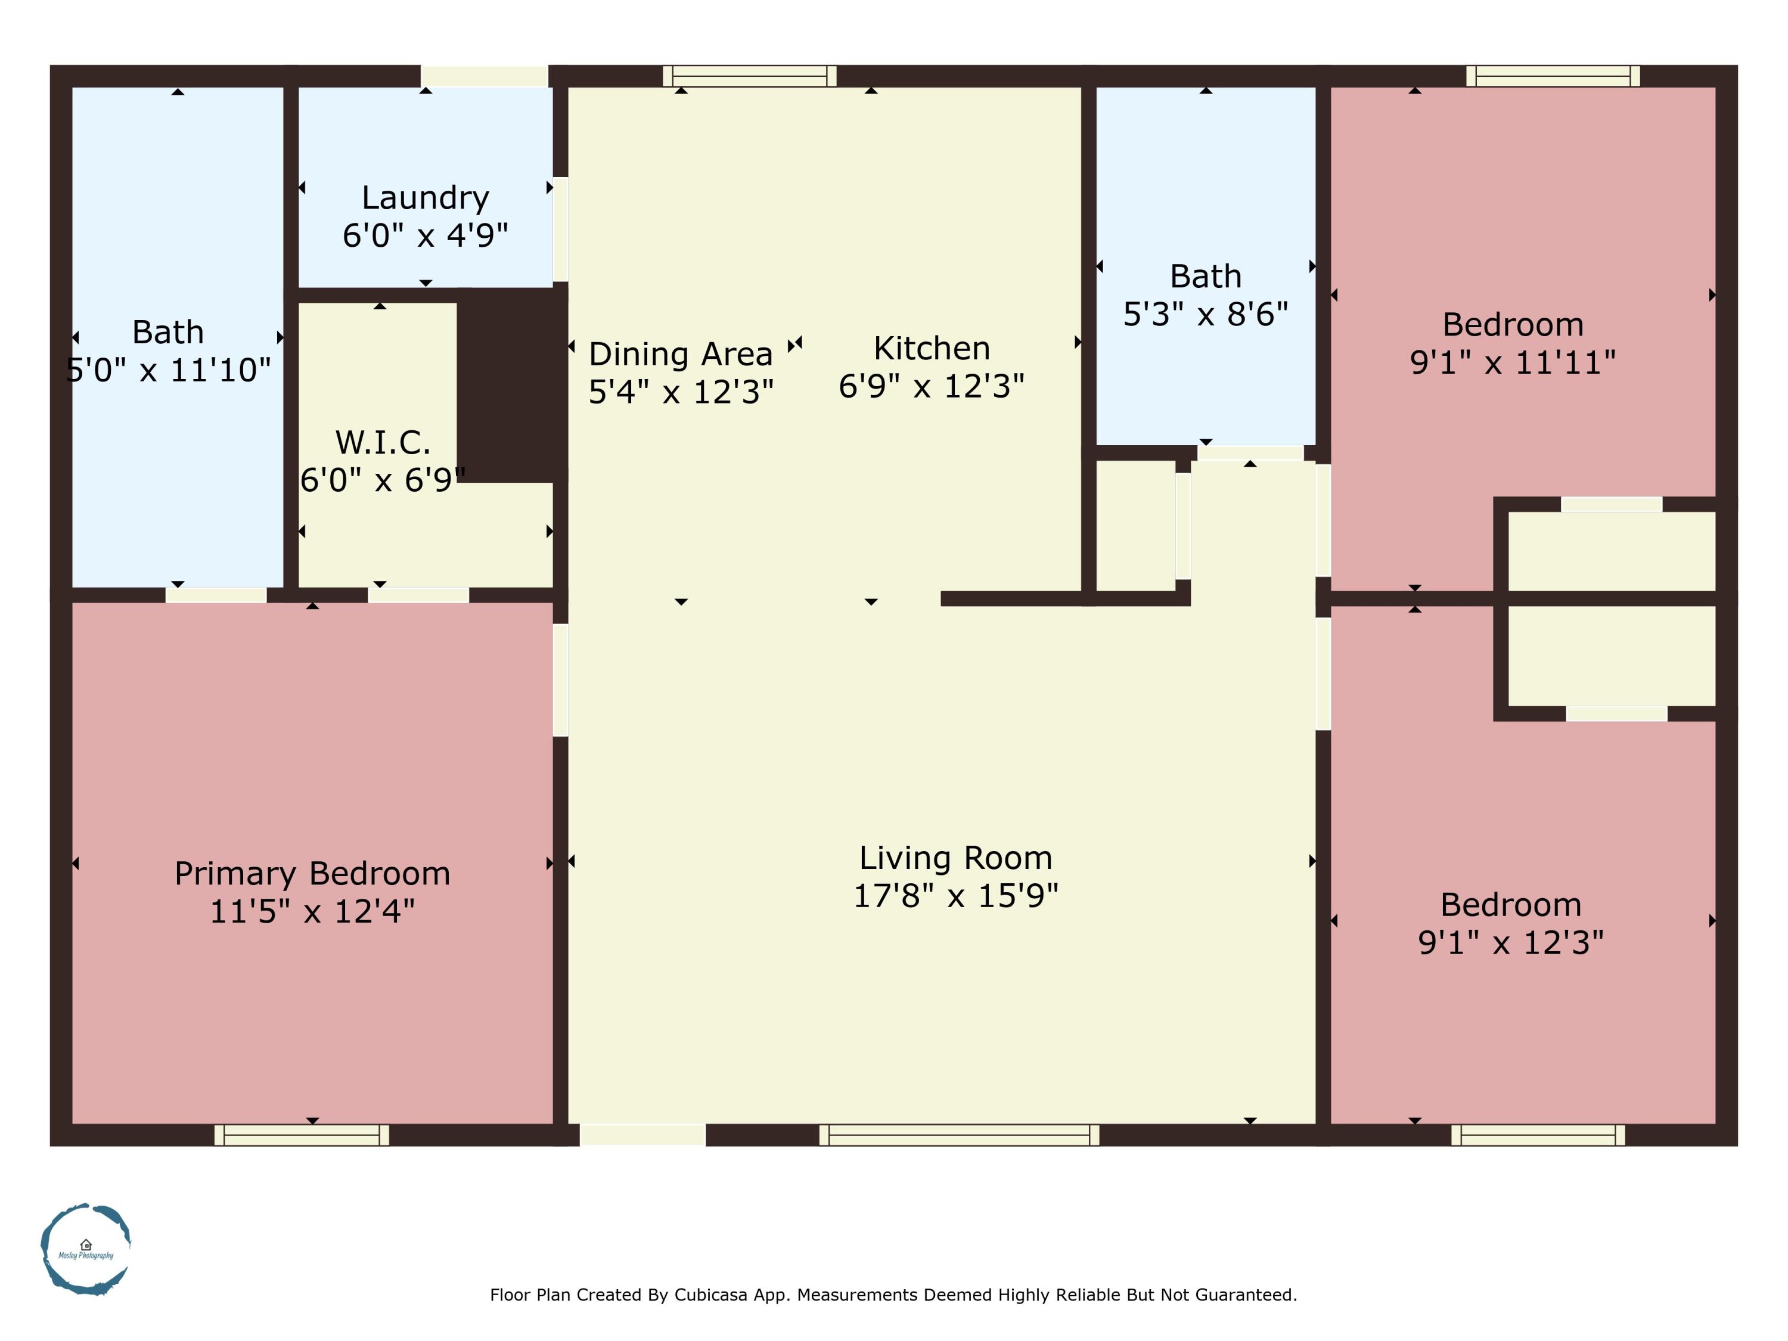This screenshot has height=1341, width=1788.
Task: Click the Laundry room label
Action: tap(425, 197)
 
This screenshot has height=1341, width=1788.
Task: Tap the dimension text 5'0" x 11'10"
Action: tap(168, 370)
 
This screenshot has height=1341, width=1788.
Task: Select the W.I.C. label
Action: tap(383, 442)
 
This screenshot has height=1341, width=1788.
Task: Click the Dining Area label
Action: tap(681, 354)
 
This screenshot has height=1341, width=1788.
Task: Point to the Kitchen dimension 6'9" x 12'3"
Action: tap(931, 386)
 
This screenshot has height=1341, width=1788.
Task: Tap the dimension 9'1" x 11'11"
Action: tap(1513, 363)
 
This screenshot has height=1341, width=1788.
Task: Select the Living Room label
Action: tap(955, 858)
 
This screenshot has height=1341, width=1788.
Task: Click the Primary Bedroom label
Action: tap(312, 874)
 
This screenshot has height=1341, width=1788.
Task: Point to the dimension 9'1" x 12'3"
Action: tap(1511, 942)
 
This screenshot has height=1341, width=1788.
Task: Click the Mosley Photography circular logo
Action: tap(86, 1249)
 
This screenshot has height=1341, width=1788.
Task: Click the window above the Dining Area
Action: tap(749, 76)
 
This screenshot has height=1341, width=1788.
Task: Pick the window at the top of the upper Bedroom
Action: tap(1553, 76)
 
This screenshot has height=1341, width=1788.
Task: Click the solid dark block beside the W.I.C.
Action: tap(511, 386)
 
